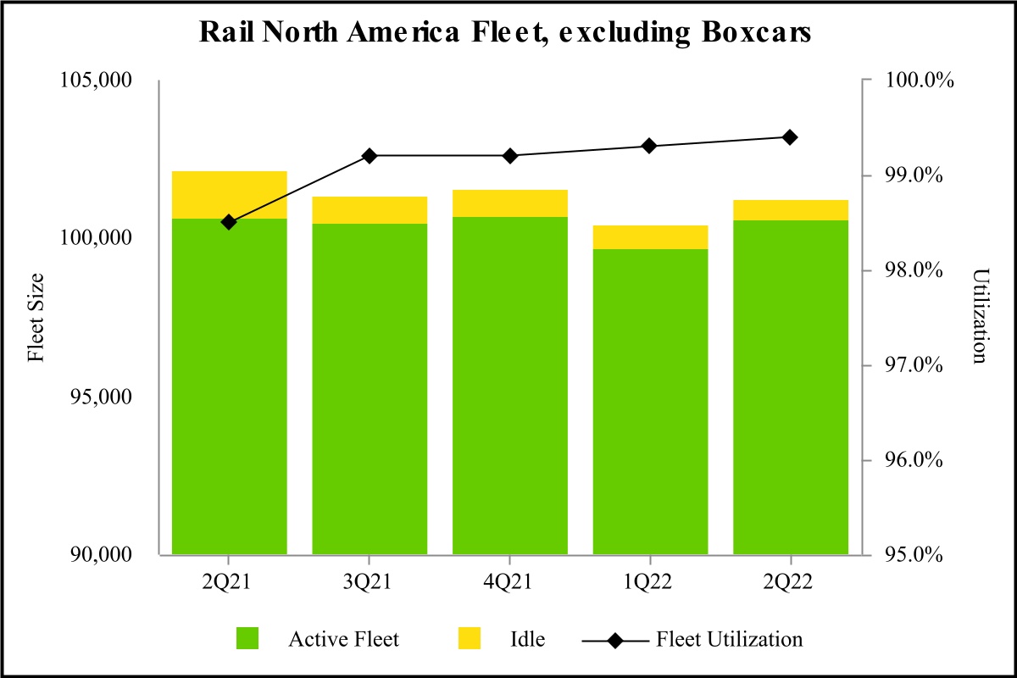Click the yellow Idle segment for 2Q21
pos(229,195)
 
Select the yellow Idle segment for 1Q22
pos(650,237)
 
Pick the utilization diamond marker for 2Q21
pos(229,222)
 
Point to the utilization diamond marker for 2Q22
pos(790,137)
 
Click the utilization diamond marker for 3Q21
pos(370,156)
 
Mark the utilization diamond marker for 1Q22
pos(650,146)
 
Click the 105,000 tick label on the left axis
pos(96,81)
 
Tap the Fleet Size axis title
pos(36,318)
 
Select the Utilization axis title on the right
pos(981,318)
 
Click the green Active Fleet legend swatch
pos(249,639)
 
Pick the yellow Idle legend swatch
pos(468,639)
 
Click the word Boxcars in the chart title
pos(753,32)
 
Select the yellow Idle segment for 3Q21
pos(370,210)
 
